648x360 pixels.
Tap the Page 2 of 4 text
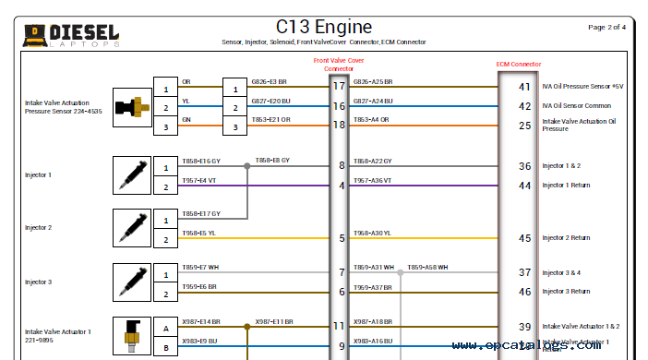606,28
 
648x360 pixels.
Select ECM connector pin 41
524,88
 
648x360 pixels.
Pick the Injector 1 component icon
130,174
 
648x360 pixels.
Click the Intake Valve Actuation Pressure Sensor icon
130,107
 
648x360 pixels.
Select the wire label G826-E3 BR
269,82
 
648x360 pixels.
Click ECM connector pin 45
524,238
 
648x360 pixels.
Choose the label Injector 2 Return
566,238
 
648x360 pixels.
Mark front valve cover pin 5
342,238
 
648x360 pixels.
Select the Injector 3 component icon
130,282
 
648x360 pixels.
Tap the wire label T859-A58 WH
428,268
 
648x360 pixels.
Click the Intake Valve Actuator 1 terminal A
166,327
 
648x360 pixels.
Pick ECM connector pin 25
524,125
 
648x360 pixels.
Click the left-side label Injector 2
38,227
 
